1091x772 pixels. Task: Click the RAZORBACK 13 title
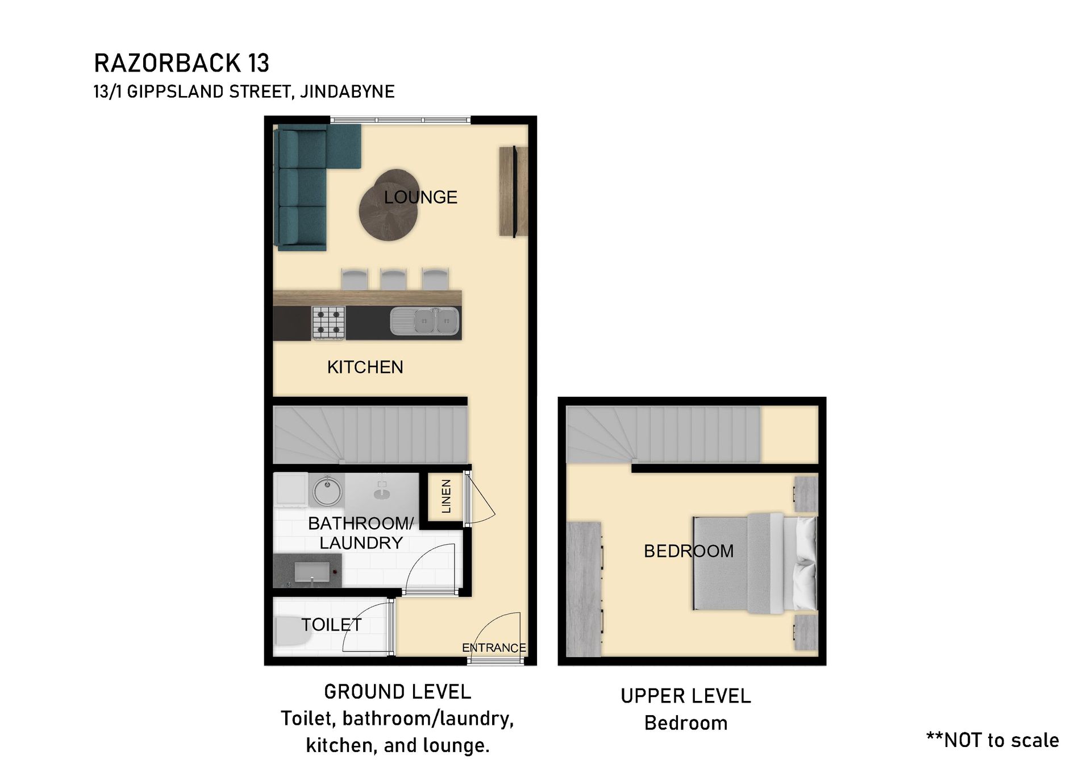pos(181,63)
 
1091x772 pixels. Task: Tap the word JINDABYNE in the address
pos(347,92)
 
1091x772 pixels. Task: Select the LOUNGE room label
pos(420,197)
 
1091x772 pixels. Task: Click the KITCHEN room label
pos(365,367)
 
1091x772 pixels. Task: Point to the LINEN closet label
pos(446,496)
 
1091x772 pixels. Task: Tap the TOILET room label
pos(331,625)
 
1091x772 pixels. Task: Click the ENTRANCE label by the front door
pos(494,648)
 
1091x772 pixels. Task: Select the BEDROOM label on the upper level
pos(689,551)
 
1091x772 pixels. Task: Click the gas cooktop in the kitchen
pos(328,322)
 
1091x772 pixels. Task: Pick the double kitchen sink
pos(425,322)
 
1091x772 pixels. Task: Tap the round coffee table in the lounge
pos(389,205)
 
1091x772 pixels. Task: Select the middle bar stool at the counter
pos(394,280)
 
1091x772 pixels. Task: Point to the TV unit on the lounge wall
pos(514,192)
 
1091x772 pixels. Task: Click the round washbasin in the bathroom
pos(327,491)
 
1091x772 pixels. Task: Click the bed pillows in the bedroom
pos(806,565)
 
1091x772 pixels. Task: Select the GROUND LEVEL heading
pos(398,692)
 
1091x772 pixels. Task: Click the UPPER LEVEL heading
pos(686,696)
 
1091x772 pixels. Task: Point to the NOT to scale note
pos(993,740)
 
